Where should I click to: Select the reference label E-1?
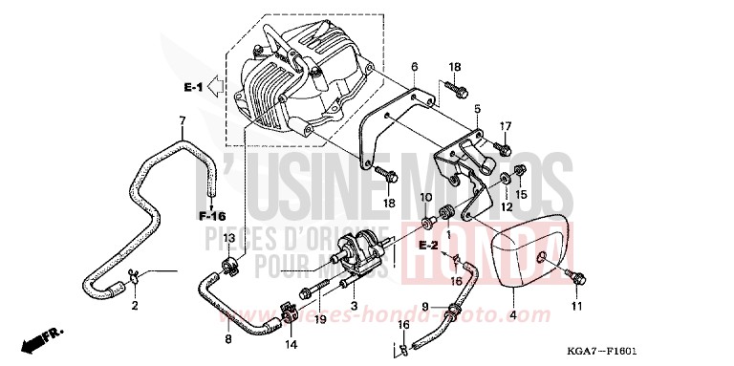193,88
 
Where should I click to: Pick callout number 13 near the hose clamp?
229,237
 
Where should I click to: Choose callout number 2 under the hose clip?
135,306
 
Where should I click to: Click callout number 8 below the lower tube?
227,338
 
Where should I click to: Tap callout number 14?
289,343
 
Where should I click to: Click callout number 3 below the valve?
355,306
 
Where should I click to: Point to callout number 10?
426,197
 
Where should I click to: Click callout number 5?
476,109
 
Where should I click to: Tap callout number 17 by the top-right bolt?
506,125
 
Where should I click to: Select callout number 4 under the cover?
512,315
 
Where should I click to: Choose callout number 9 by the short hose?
425,307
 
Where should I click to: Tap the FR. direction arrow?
42,337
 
